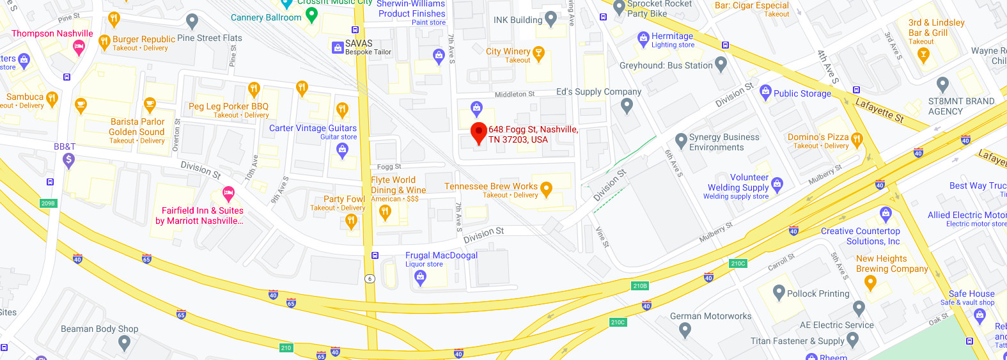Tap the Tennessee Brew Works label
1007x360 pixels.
[491, 187]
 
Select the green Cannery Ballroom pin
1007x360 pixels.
[311, 15]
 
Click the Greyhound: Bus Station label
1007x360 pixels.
[666, 65]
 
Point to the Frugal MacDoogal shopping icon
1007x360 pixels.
[420, 276]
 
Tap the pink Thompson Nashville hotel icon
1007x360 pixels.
[79, 46]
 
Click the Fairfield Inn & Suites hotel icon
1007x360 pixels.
[228, 193]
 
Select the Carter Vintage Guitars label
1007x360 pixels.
[313, 129]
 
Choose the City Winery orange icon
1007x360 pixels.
[538, 53]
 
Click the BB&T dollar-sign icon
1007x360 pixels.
[69, 160]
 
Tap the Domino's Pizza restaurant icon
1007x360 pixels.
[857, 139]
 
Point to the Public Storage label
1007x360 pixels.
[802, 93]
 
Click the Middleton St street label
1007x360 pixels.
[515, 95]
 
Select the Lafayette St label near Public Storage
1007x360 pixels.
[880, 110]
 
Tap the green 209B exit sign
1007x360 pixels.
[48, 203]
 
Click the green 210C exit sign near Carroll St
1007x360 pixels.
[738, 263]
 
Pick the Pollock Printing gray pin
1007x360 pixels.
[779, 293]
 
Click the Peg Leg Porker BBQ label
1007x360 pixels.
[228, 107]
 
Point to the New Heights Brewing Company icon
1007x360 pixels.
[870, 281]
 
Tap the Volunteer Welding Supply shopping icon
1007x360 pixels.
[777, 185]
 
